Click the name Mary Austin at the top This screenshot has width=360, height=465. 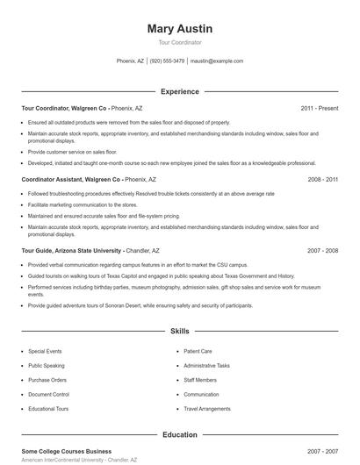pos(179,29)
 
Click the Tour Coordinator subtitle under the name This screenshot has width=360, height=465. pos(179,42)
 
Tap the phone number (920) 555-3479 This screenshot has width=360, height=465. pos(167,61)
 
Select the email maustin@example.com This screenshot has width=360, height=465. pos(217,61)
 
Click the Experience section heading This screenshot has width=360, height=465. pos(179,91)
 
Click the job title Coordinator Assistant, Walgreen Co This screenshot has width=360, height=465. pos(64,178)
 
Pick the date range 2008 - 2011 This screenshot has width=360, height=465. pos(322,178)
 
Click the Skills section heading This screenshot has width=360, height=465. pos(179,333)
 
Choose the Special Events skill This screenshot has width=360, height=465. pos(45,351)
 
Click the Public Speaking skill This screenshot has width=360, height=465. pos(46,365)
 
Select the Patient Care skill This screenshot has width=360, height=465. pos(198,351)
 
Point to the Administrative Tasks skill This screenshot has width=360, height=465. pos(206,365)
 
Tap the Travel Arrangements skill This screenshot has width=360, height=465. pos(207,409)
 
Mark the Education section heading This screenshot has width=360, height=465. pos(179,434)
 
